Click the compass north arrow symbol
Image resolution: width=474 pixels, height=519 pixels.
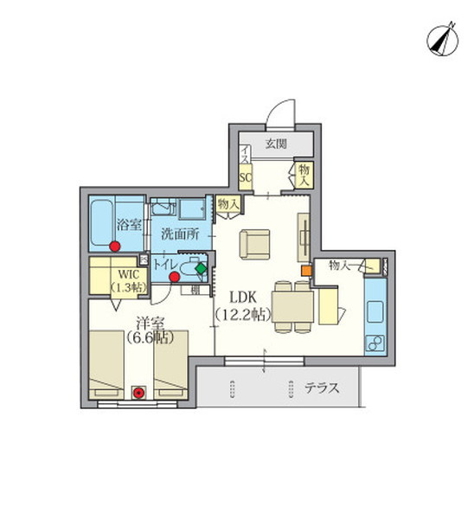point(443,40)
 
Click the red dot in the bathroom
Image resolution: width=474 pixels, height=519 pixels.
point(115,247)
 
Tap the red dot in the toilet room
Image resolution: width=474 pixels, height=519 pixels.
point(175,278)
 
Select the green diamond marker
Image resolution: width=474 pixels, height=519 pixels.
point(202,268)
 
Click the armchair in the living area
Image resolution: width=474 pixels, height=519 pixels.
point(255,243)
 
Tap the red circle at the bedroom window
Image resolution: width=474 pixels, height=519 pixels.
point(138,393)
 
